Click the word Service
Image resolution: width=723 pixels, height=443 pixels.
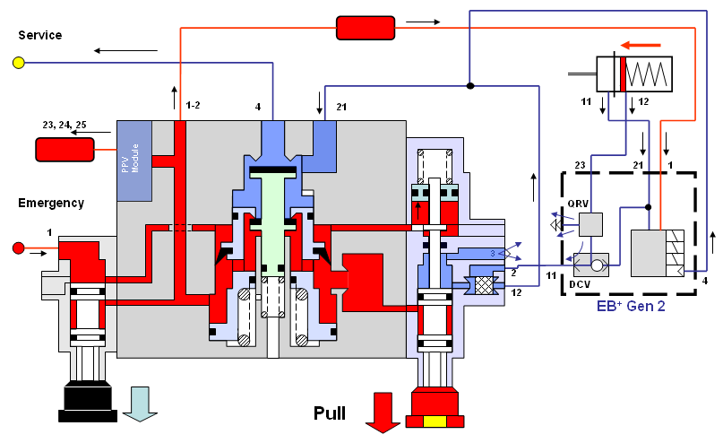[x=40, y=35]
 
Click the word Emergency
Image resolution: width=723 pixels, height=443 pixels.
[x=51, y=203]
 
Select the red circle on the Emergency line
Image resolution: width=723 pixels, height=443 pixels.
[x=18, y=248]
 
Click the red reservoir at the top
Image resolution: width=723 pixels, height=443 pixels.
[x=366, y=28]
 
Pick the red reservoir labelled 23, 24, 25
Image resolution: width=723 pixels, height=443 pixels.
[x=65, y=149]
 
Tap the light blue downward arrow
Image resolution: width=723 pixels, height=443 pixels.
[x=140, y=404]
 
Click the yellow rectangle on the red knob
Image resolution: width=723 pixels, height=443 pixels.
[x=435, y=422]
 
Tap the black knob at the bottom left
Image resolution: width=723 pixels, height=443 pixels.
[x=89, y=400]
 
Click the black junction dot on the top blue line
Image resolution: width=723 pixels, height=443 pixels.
[x=469, y=86]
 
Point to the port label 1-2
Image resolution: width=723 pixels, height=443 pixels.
[x=193, y=106]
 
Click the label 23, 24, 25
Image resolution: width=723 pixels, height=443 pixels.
[x=65, y=125]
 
